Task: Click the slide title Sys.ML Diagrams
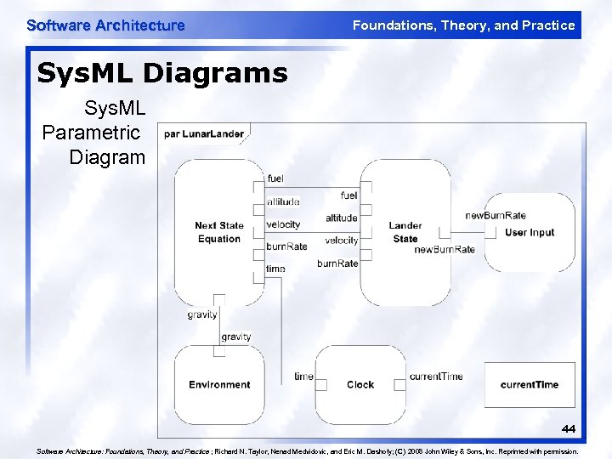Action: pos(162,73)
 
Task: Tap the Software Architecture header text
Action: pos(105,25)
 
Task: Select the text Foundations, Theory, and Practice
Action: pos(463,25)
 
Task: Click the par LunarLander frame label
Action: pos(204,133)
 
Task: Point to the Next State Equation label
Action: pos(218,232)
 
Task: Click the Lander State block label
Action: pos(405,232)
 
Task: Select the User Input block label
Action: pos(529,232)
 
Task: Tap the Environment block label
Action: pos(219,384)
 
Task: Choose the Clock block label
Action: pos(360,384)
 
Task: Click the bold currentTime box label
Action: pos(529,384)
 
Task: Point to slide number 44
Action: pos(568,429)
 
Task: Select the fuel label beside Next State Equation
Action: pos(275,178)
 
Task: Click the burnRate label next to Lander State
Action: pos(337,263)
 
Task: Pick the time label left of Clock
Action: pos(303,376)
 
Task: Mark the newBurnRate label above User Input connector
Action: pos(496,215)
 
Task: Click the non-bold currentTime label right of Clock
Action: pos(436,376)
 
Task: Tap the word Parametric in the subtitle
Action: pos(91,133)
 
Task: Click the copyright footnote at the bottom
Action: pos(307,451)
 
